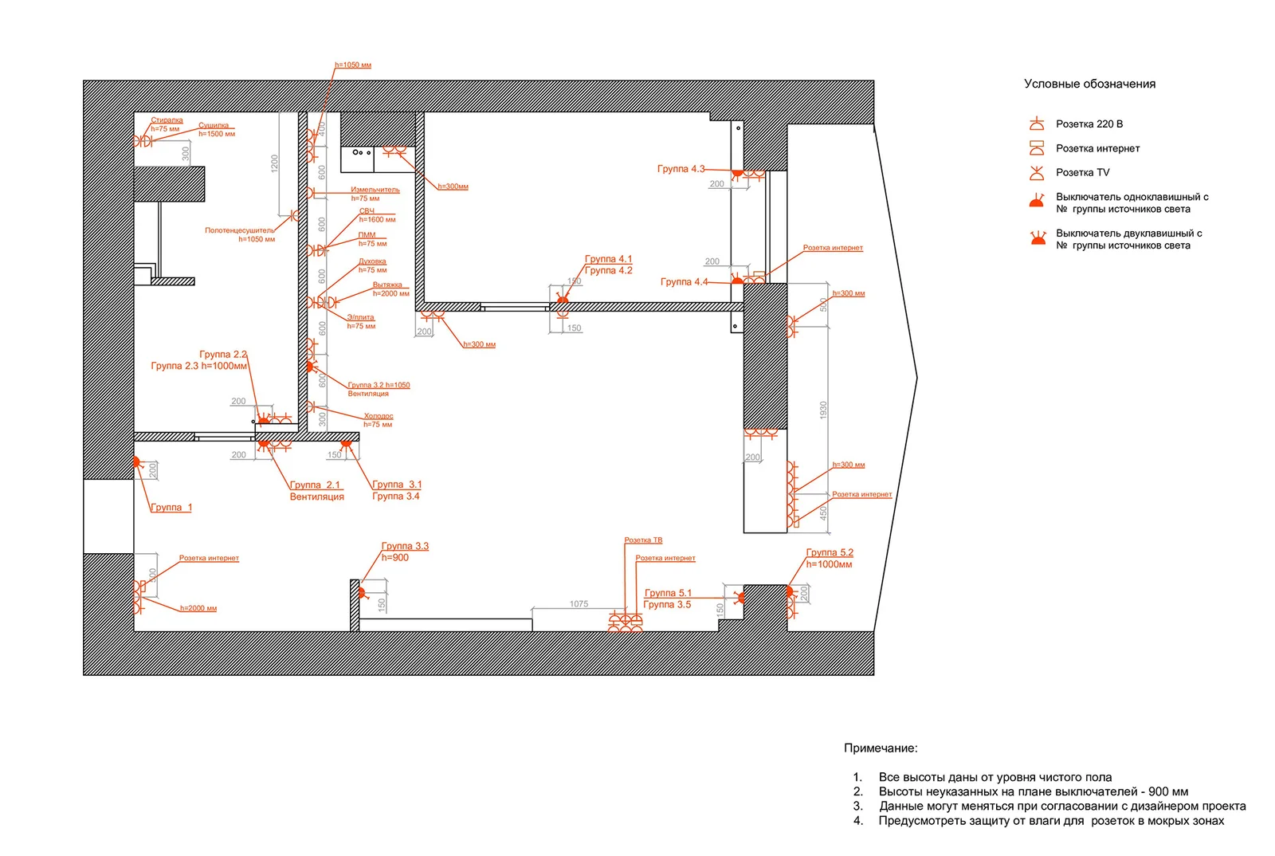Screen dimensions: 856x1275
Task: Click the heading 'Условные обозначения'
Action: [1089, 84]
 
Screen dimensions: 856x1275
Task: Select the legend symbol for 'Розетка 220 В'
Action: [1037, 124]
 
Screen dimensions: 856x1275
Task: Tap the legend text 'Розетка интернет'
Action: [1097, 148]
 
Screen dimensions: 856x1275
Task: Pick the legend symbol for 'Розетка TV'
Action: [1037, 172]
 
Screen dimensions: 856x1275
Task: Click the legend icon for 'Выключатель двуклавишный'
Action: [1038, 238]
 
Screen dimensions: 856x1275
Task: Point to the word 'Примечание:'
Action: [881, 748]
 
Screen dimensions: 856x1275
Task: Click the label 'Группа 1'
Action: [171, 507]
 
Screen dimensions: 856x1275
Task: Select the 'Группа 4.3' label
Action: [681, 169]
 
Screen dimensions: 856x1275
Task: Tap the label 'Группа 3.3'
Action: [405, 546]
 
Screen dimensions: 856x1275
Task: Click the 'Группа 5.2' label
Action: [829, 552]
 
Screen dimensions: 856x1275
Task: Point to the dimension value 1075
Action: [579, 604]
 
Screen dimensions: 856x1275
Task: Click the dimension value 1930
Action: [823, 410]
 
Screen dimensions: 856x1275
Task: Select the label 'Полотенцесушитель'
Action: [239, 230]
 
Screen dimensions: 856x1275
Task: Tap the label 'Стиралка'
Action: [167, 120]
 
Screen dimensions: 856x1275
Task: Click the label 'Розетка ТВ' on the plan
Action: [643, 540]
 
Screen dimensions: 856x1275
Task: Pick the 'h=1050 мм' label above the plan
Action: [353, 65]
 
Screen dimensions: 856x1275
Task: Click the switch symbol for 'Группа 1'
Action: [136, 461]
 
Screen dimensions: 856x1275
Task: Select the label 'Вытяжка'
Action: [387, 285]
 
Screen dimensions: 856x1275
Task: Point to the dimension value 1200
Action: [274, 163]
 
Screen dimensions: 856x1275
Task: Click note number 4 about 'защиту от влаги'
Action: [1050, 820]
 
